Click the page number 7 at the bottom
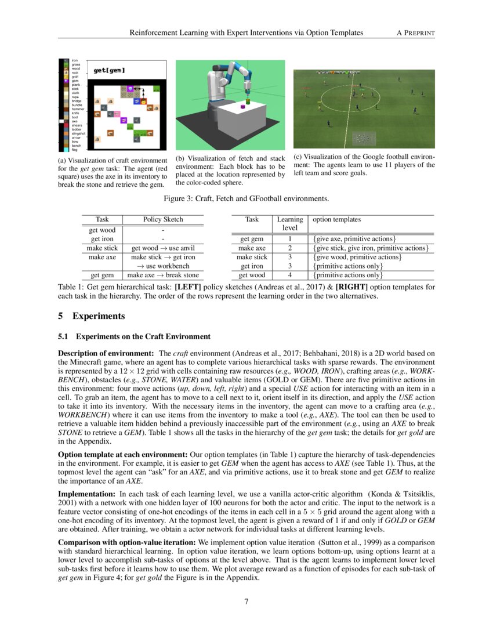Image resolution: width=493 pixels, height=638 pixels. [x=246, y=601]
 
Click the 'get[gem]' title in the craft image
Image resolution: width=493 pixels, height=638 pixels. [x=109, y=71]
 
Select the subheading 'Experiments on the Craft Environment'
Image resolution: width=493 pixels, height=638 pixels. [x=143, y=336]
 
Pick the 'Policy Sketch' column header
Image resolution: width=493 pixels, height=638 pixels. [x=163, y=220]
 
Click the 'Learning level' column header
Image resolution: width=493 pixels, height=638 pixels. [x=289, y=223]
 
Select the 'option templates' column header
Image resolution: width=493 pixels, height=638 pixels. [x=336, y=219]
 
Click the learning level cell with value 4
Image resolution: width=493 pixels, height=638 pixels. [x=289, y=275]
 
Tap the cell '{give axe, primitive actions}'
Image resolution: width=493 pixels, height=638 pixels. [x=354, y=238]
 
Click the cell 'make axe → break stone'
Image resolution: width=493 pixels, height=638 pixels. [x=163, y=275]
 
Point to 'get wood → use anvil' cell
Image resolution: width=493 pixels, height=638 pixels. [x=163, y=248]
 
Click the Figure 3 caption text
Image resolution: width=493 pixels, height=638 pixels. [x=246, y=199]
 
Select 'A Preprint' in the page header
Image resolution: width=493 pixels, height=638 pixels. [x=415, y=32]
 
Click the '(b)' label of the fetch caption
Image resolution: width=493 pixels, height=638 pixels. [x=181, y=158]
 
